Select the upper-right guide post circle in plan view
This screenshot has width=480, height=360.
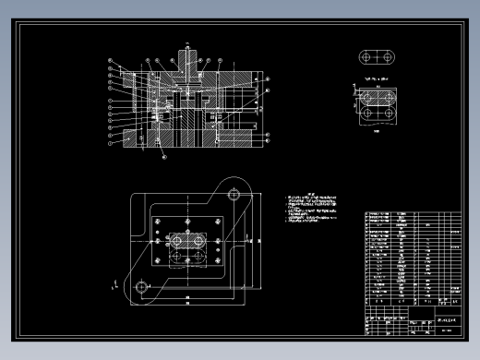pos(235,195)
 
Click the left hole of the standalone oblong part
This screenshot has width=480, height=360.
pos(366,57)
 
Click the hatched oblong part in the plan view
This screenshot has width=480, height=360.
pos(188,241)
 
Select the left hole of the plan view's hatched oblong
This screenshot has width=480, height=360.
pos(177,241)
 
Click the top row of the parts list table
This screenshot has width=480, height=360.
pos(413,216)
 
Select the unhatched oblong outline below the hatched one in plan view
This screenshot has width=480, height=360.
pos(188,259)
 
